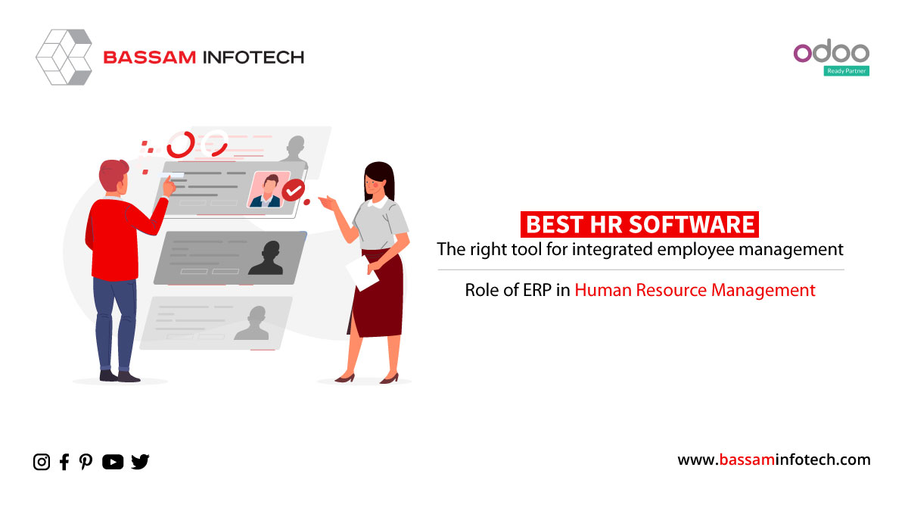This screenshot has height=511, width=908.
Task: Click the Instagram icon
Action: (x=42, y=462)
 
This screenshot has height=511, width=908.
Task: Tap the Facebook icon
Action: (x=64, y=462)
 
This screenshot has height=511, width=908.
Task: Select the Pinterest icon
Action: (x=86, y=462)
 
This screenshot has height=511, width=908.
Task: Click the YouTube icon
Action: (x=113, y=462)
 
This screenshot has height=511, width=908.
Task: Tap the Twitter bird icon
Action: (x=140, y=462)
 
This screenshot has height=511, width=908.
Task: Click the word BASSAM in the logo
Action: (x=150, y=58)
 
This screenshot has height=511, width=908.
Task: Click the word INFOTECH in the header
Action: (x=253, y=58)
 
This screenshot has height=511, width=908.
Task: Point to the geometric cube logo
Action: (x=64, y=58)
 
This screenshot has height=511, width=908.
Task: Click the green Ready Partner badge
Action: (x=847, y=71)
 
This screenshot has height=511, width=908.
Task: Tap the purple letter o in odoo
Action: (x=803, y=53)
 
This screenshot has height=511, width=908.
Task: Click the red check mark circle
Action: (x=294, y=190)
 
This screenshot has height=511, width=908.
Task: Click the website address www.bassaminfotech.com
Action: (x=774, y=460)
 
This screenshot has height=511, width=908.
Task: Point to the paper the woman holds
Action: (x=362, y=273)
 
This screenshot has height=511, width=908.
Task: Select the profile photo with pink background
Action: (x=269, y=189)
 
